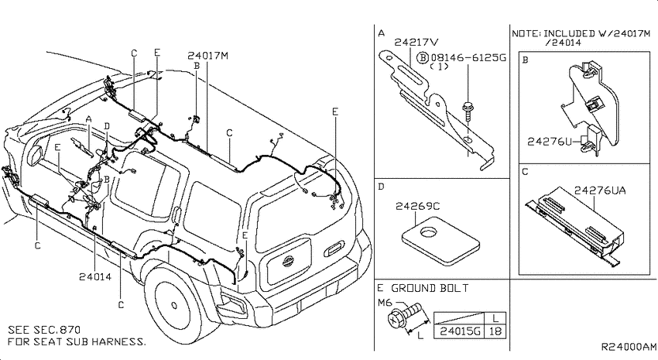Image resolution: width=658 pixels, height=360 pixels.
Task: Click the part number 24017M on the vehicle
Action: coord(207,56)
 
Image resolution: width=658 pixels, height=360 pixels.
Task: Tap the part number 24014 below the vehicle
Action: coord(95,277)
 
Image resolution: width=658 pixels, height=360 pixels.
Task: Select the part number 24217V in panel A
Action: coord(416,43)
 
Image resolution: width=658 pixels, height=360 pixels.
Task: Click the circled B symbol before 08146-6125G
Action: coord(423,57)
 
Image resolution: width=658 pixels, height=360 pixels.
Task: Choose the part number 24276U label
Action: coord(550,142)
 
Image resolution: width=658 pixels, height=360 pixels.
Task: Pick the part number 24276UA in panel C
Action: coord(600,191)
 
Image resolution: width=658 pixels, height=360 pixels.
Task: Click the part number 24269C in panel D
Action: coord(417,207)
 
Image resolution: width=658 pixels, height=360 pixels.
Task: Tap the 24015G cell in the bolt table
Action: coord(460,331)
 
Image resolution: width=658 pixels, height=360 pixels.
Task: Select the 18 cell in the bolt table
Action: coord(495,331)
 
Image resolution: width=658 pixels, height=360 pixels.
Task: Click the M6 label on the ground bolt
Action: coord(385,303)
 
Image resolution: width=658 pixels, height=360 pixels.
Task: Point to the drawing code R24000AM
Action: coord(629,347)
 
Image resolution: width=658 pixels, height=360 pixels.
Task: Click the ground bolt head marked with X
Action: coord(395,320)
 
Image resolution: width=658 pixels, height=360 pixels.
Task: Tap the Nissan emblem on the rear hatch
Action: coord(288,262)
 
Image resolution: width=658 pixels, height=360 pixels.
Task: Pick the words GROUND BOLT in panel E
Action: coord(430,288)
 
